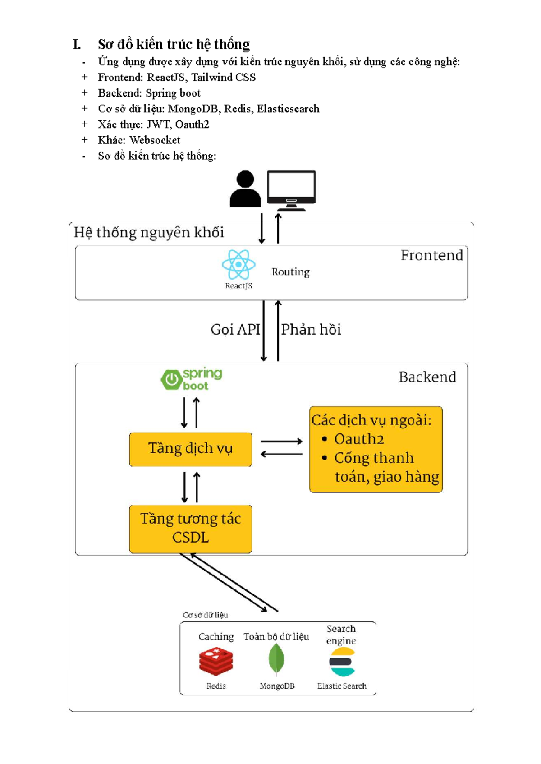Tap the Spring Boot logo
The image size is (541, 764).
pos(192,379)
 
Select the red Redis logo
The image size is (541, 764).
pos(216,661)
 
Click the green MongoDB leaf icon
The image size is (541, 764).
pos(276,659)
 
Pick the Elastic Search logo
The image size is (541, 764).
pos(342,662)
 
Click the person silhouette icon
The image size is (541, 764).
pos(245,189)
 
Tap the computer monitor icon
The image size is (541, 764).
pos(291,190)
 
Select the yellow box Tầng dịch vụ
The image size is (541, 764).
pos(190,449)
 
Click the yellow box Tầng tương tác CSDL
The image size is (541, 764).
pos(190,529)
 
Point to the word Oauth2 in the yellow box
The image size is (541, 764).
pos(359,439)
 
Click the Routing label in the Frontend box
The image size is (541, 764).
pos(291,272)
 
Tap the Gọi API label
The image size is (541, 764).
pos(235,330)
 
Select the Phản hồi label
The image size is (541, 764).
pos(311,330)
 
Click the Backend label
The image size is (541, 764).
pos(427,377)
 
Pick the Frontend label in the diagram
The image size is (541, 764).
pos(431,256)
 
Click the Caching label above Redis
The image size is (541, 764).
pos(216,637)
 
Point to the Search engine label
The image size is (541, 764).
pos(341,635)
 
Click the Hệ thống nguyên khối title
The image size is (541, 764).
pos(149,233)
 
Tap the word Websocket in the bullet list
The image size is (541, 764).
pos(155,140)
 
